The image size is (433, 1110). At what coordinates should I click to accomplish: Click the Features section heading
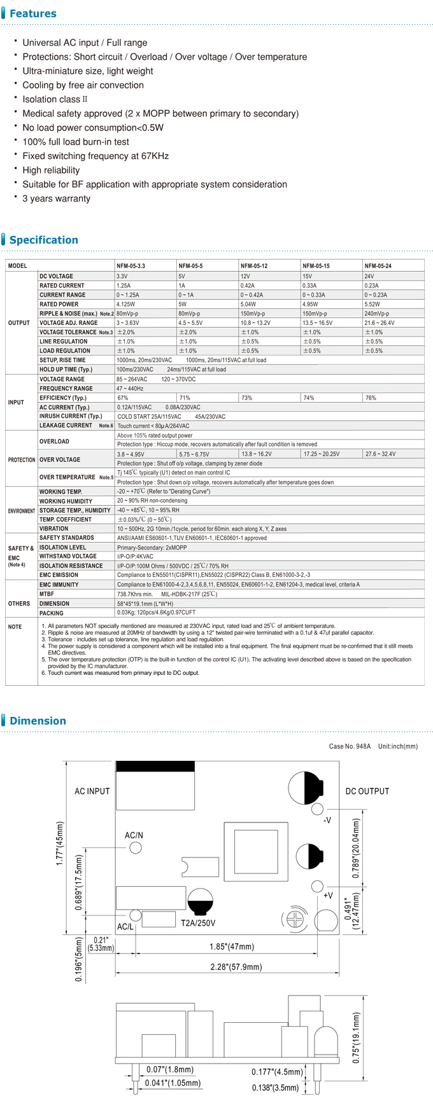pyautogui.click(x=33, y=13)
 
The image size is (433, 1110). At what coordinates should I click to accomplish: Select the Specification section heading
pyautogui.click(x=43, y=240)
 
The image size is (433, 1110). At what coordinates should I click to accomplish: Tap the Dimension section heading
pyautogui.click(x=38, y=721)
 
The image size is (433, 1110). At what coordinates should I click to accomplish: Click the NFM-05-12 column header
pyautogui.click(x=253, y=266)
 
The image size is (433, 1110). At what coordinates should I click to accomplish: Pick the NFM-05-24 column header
pyautogui.click(x=378, y=266)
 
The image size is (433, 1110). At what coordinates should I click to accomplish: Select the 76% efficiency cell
pyautogui.click(x=371, y=398)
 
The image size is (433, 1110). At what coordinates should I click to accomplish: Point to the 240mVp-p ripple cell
pyautogui.click(x=376, y=314)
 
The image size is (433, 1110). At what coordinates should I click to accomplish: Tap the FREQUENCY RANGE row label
pyautogui.click(x=66, y=389)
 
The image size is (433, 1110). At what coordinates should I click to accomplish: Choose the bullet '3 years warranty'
pyautogui.click(x=56, y=198)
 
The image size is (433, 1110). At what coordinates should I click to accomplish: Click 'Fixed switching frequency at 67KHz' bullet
pyautogui.click(x=96, y=156)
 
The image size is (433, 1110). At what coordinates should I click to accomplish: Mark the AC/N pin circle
pyautogui.click(x=136, y=848)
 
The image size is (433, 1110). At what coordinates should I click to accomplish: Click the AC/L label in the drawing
pyautogui.click(x=125, y=927)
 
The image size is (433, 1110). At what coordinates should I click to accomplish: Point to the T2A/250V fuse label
pyautogui.click(x=198, y=923)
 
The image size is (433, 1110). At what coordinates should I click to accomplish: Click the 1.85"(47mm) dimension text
pyautogui.click(x=232, y=947)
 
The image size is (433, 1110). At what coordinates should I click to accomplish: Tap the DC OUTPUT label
pyautogui.click(x=367, y=791)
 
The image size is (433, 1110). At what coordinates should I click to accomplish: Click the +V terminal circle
pyautogui.click(x=317, y=886)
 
